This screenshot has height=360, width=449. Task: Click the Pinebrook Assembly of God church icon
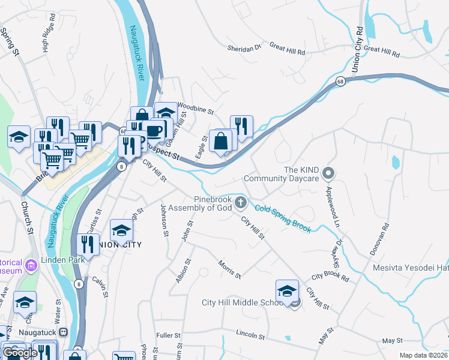[241, 202]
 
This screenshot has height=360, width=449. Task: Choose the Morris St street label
[229, 269]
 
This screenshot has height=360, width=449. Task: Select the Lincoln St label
[250, 333]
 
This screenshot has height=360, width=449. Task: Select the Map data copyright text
[423, 355]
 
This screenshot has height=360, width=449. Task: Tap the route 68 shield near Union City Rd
[340, 82]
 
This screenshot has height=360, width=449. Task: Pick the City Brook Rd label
[330, 278]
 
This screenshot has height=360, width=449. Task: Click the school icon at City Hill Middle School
[287, 290]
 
